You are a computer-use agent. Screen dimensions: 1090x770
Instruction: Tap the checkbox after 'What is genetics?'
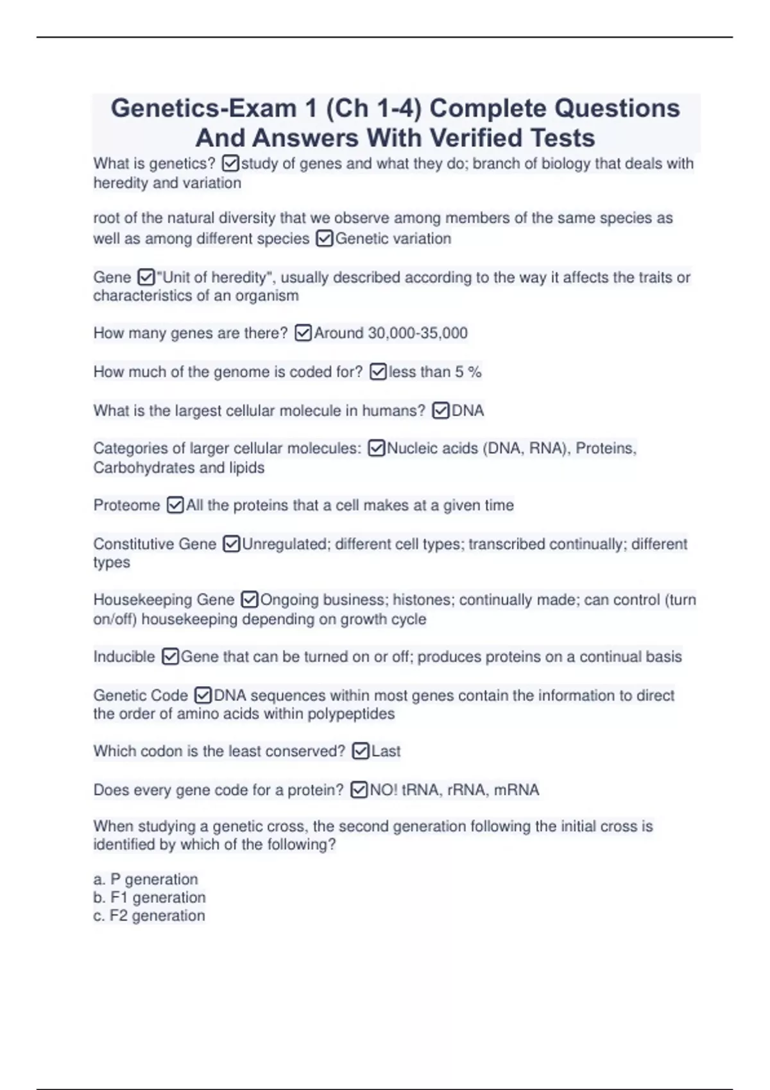click(230, 164)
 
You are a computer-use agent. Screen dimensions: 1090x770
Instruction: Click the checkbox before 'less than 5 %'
click(379, 372)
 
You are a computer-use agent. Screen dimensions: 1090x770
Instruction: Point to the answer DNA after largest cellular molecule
click(468, 410)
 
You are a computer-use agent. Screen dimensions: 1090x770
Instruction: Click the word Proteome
click(126, 505)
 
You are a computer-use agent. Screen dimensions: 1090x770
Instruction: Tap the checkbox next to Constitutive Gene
click(231, 544)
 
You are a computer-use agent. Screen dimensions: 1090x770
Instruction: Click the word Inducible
click(124, 657)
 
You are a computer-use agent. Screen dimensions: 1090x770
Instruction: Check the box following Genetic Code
click(203, 695)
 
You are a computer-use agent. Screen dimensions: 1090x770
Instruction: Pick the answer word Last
click(386, 751)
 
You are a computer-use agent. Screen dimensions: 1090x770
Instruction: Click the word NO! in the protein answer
click(384, 790)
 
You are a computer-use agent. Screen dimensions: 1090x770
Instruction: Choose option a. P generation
click(146, 879)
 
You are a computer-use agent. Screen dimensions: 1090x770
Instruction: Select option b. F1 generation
click(150, 897)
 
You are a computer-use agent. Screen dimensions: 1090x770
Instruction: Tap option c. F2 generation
click(150, 916)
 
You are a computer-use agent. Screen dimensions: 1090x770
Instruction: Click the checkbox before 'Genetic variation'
click(325, 239)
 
